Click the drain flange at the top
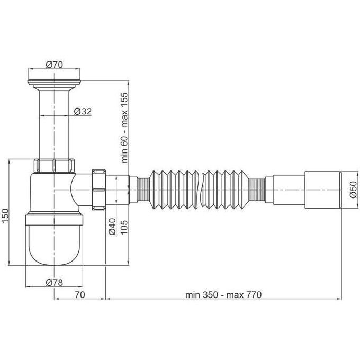coord(55,82)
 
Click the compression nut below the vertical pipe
coord(55,165)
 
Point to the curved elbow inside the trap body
coord(77,190)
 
